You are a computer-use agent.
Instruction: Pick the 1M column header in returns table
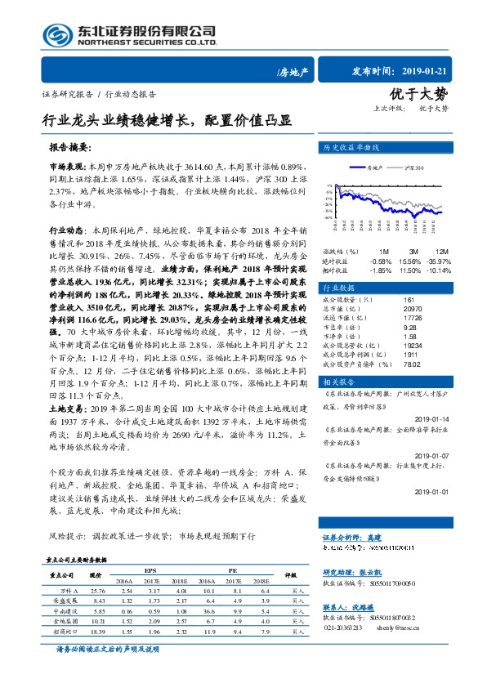(383, 251)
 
